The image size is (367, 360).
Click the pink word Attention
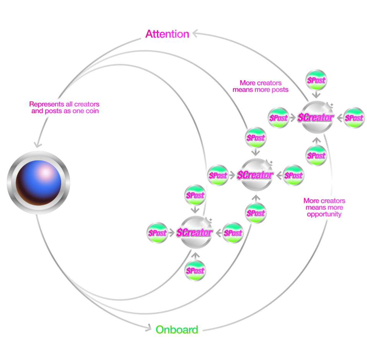[167, 34]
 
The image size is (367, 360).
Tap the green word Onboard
[177, 330]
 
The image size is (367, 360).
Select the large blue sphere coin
[38, 182]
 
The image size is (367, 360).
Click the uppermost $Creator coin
[316, 117]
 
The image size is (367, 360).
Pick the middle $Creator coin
[256, 175]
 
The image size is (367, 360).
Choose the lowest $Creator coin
[195, 232]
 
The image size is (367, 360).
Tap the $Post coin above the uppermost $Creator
[316, 80]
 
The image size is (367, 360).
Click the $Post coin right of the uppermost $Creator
[354, 117]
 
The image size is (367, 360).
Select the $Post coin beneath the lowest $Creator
[195, 270]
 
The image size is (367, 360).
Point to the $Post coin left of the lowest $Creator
[157, 233]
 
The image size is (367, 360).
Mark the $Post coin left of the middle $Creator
[218, 175]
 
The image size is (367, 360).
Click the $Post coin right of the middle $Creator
[293, 175]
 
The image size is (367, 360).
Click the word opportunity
[324, 214]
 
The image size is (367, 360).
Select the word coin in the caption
[92, 111]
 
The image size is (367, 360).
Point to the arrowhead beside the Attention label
[196, 33]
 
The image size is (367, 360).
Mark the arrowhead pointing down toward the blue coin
[38, 145]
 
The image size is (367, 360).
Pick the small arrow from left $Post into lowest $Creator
[172, 233]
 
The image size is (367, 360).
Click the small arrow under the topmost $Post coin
[316, 94]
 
